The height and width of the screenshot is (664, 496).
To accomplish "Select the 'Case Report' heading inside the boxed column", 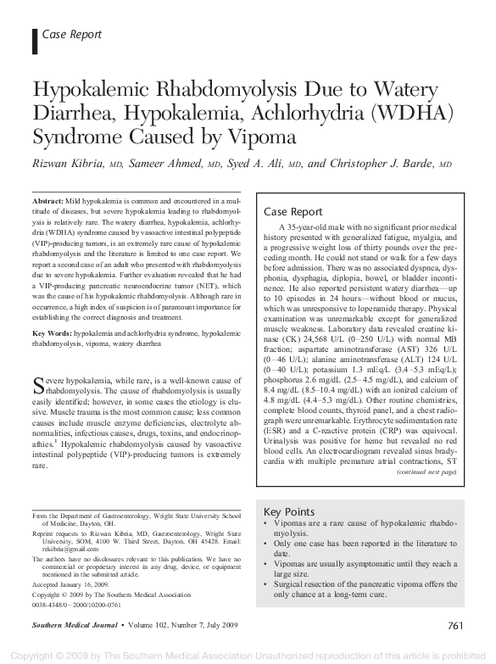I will (x=293, y=212).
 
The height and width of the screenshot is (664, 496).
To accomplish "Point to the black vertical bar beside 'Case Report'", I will (x=34, y=35).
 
